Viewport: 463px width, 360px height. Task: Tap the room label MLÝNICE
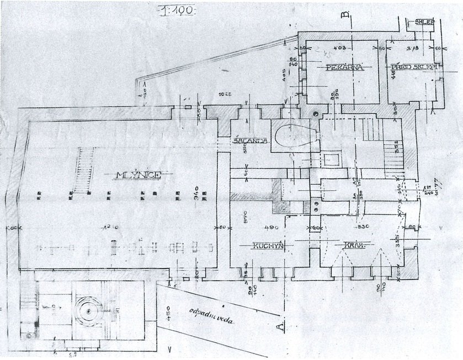[138, 175]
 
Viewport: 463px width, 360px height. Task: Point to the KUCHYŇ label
[269, 246]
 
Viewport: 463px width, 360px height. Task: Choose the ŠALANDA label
[251, 141]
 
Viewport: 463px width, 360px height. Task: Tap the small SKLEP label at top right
[425, 23]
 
